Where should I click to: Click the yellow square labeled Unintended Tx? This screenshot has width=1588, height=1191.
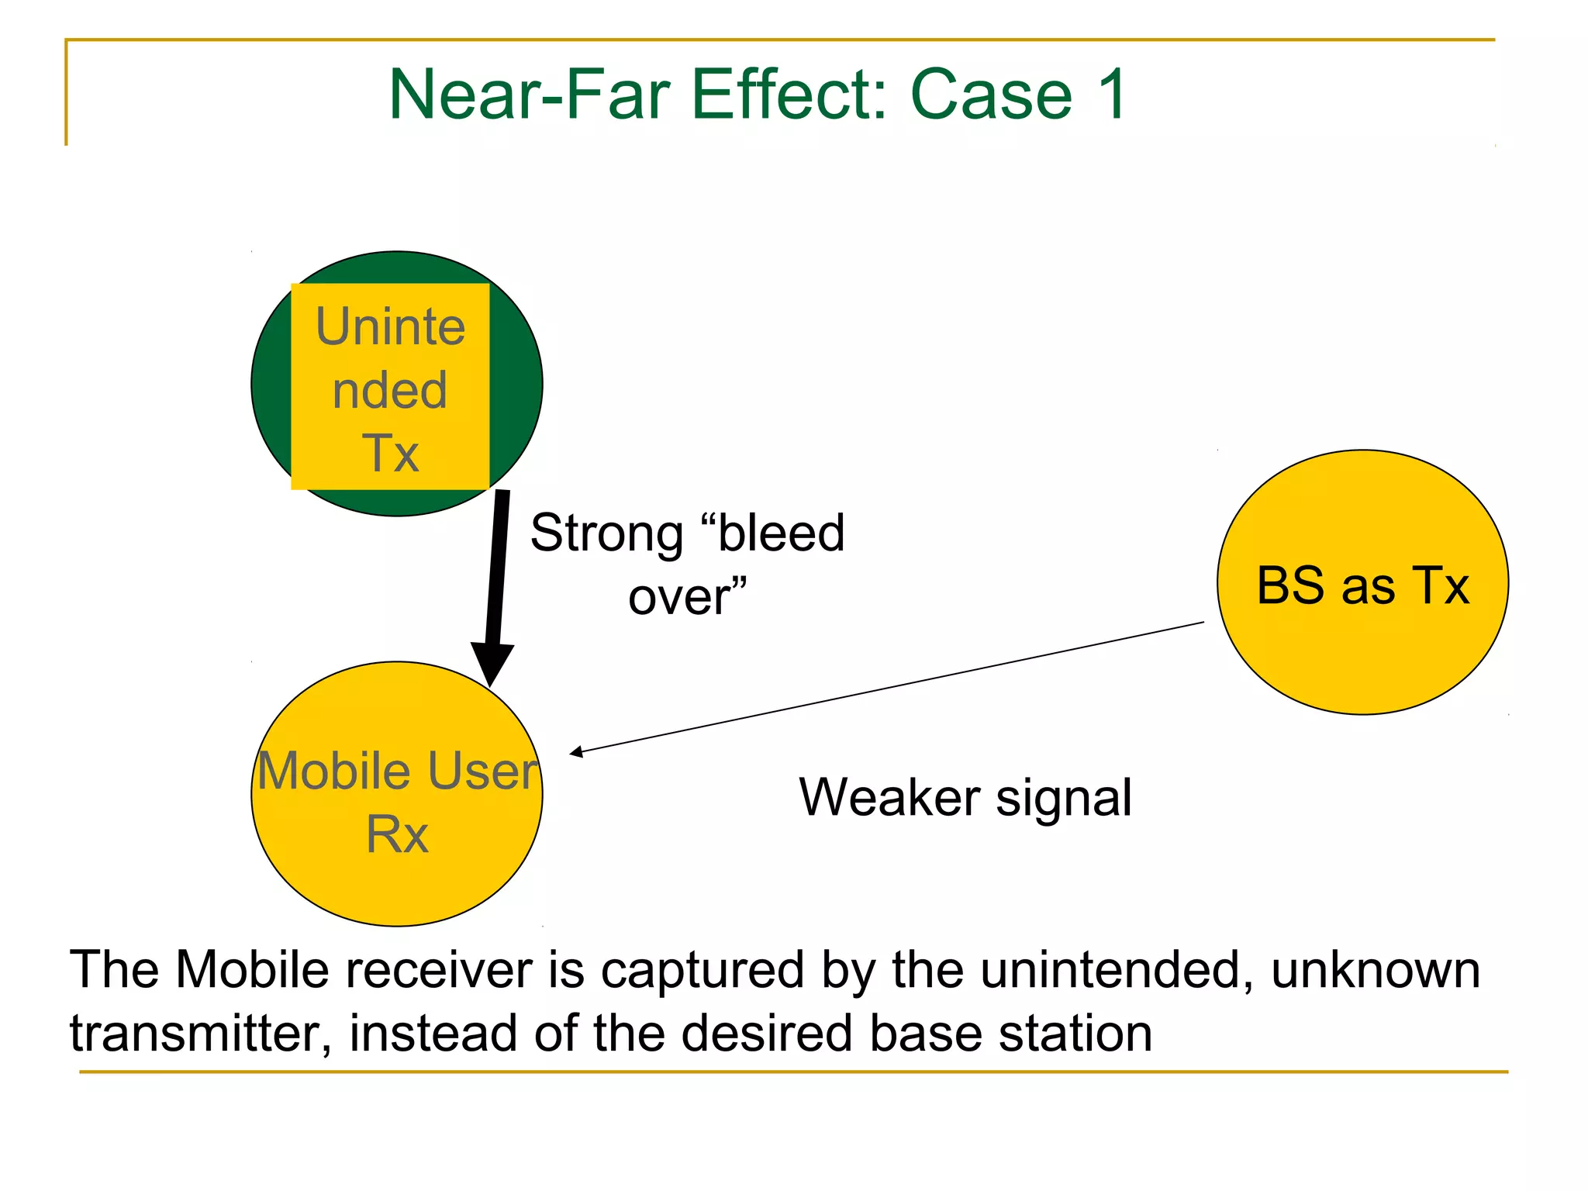[x=390, y=386]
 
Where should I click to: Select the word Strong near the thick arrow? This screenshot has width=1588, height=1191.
[x=606, y=533]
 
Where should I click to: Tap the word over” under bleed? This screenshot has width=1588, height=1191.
[x=687, y=597]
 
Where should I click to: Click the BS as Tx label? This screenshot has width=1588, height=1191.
[x=1362, y=585]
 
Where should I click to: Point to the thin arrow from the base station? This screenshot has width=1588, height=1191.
[x=892, y=687]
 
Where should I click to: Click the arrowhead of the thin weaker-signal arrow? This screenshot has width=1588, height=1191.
[x=577, y=751]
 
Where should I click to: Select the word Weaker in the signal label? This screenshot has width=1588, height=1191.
[x=890, y=798]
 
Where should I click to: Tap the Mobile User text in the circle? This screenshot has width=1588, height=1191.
[x=397, y=772]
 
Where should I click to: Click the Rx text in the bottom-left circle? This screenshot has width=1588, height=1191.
[x=397, y=835]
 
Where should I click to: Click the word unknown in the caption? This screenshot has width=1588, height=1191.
[x=1376, y=969]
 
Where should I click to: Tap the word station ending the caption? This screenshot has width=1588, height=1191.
[x=1075, y=1033]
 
